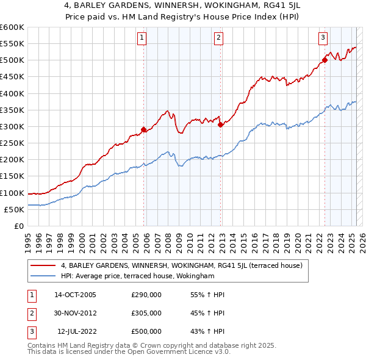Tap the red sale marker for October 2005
(144, 129)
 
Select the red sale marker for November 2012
(220, 124)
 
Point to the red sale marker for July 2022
(325, 60)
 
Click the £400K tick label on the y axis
(12, 93)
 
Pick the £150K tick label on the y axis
(12, 176)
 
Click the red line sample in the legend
(43, 265)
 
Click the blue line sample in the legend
(43, 276)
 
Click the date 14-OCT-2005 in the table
(75, 295)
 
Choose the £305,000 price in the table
(146, 313)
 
